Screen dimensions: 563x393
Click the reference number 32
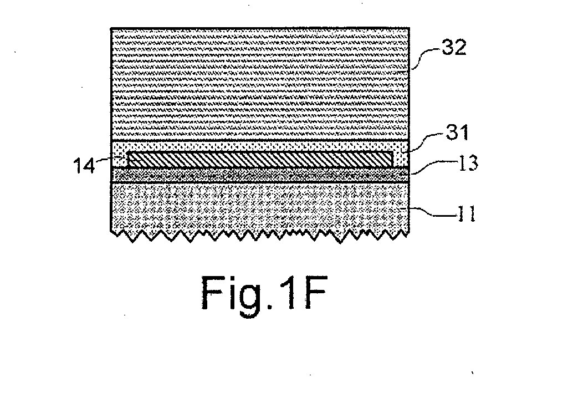click(454, 48)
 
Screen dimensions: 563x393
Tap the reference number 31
click(458, 132)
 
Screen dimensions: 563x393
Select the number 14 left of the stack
click(84, 166)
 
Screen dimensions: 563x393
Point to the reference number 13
click(468, 164)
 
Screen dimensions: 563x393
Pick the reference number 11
click(466, 215)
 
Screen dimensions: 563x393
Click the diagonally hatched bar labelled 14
click(260, 159)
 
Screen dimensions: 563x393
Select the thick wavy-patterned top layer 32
click(260, 84)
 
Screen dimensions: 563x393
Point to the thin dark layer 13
click(260, 175)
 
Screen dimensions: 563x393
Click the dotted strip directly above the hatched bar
click(260, 146)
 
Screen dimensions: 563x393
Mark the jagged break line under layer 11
click(260, 236)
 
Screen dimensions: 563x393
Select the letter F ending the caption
click(315, 293)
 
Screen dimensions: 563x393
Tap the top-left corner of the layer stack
click(111, 28)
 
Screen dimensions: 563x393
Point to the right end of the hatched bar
click(393, 159)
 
